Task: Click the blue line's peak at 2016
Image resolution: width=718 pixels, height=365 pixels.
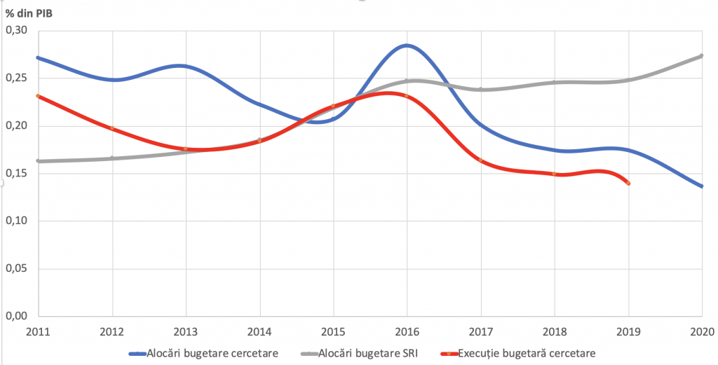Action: click(x=407, y=46)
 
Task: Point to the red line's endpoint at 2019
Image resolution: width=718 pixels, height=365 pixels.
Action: click(x=628, y=183)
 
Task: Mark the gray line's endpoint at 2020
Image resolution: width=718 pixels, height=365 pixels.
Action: click(x=702, y=56)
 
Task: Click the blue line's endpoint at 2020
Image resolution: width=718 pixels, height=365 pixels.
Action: click(x=702, y=186)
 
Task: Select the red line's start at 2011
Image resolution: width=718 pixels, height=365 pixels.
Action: click(x=38, y=96)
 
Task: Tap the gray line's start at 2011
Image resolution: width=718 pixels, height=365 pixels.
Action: click(x=38, y=161)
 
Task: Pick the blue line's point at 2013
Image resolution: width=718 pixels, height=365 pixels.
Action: click(x=185, y=66)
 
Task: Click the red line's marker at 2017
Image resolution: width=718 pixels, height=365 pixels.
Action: click(x=481, y=160)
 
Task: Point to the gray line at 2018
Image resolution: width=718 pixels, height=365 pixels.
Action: click(x=555, y=82)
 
